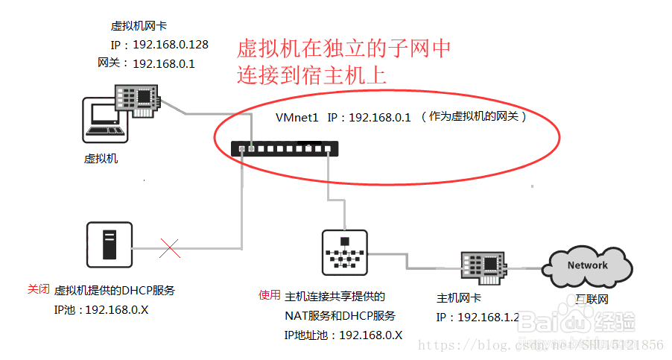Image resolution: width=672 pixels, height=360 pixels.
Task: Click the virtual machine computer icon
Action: [x=104, y=120]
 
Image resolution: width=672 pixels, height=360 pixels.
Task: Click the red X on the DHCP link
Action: [x=170, y=248]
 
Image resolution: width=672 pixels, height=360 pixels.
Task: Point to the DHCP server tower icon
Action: [x=110, y=244]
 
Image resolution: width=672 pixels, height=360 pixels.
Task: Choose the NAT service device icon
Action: [x=344, y=252]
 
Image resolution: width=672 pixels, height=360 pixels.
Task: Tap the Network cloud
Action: [x=588, y=266]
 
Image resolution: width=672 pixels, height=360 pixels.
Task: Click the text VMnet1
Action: [x=297, y=117]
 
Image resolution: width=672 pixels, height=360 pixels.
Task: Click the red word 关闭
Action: [x=38, y=288]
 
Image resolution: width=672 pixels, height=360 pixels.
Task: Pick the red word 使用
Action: [x=269, y=294]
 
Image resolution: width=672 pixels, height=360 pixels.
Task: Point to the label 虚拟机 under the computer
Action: [x=101, y=158]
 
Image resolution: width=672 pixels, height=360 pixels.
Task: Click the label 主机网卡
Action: [x=458, y=298]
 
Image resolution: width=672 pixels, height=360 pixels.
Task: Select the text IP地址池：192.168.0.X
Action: [x=343, y=335]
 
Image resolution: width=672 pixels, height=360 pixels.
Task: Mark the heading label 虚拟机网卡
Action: [x=133, y=26]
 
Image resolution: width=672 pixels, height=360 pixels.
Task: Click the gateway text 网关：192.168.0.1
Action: [x=146, y=63]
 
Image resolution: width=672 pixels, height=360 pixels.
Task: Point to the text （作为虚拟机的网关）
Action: [x=474, y=117]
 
